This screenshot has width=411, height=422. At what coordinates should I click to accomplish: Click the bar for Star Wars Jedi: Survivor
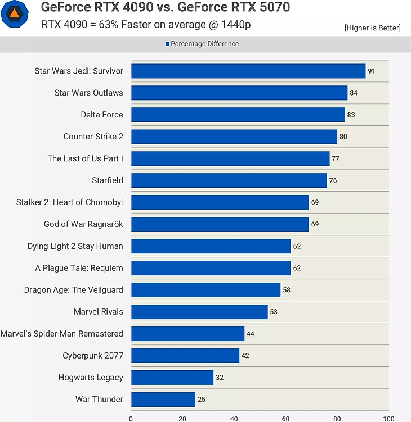(x=248, y=71)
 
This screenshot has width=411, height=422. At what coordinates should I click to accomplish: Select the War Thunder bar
(x=163, y=400)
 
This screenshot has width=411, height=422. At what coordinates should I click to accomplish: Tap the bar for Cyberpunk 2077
(x=185, y=356)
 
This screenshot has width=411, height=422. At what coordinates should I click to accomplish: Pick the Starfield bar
(x=229, y=180)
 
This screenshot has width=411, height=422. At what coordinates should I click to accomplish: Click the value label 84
(x=354, y=93)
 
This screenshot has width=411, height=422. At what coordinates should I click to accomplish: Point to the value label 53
(x=274, y=312)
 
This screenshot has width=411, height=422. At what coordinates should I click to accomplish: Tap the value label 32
(x=220, y=378)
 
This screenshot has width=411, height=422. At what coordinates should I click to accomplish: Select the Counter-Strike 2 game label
(x=93, y=137)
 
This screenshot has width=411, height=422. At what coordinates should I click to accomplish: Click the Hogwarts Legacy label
(x=91, y=378)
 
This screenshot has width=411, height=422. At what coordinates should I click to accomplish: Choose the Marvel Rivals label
(x=98, y=312)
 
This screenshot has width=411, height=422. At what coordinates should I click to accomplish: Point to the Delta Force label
(x=102, y=115)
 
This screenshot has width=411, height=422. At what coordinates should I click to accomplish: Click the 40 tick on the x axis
(x=234, y=419)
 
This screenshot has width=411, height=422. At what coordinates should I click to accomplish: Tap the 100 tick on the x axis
(x=388, y=419)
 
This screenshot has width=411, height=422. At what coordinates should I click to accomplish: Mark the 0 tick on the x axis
(x=131, y=419)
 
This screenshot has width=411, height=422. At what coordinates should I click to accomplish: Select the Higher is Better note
(x=372, y=28)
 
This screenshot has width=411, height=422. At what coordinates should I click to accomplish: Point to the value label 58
(x=287, y=290)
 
